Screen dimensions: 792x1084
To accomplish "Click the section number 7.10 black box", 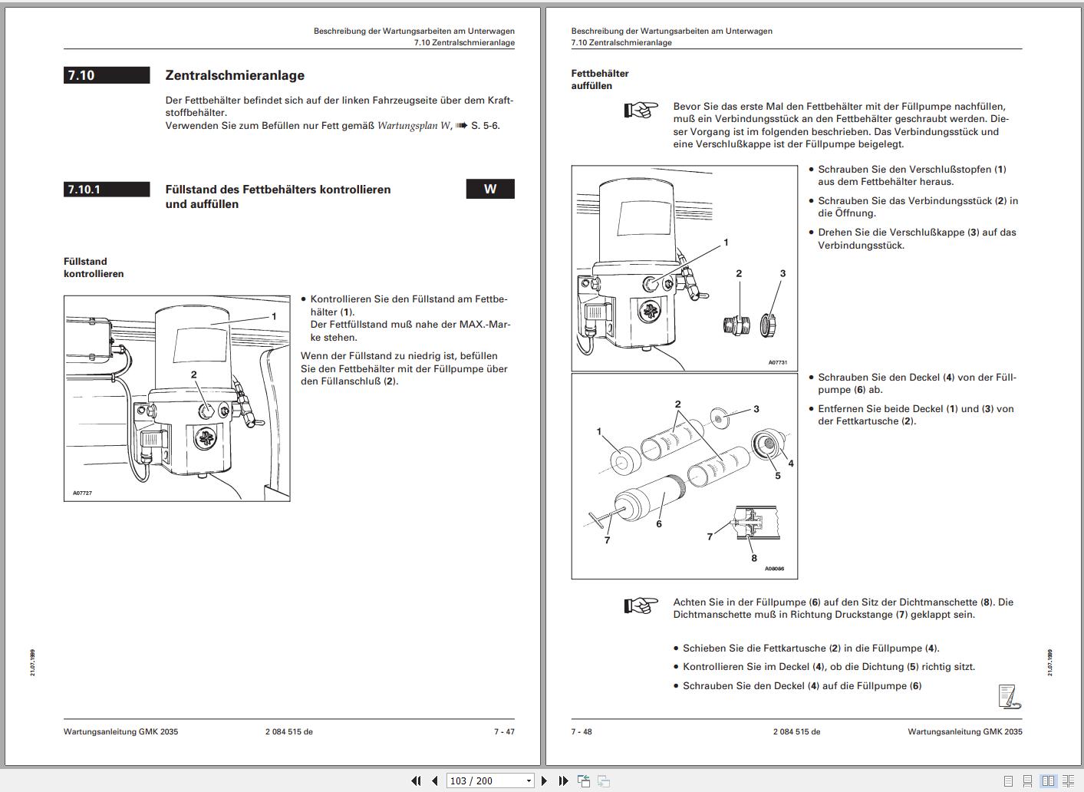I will pos(107,75).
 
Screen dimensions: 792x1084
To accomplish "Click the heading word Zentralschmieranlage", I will pos(235,75).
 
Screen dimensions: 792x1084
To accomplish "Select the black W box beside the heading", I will pos(490,189).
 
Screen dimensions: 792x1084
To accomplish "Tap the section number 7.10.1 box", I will pos(107,190).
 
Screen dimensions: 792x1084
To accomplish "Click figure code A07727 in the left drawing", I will pos(82,493).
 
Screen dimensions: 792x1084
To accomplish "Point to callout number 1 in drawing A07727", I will pos(274,316).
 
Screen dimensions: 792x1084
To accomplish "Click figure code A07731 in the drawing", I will pos(777,363).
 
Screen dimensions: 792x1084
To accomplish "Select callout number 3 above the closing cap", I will pos(783,273).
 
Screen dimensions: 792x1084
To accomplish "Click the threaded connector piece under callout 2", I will pos(733,325).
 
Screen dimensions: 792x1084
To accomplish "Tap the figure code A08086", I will pos(775,569).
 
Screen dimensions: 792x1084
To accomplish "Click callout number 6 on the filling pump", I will pos(659,524).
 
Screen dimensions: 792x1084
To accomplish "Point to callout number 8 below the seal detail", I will pos(754,558).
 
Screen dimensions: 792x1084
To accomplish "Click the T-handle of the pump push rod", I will pos(598,521).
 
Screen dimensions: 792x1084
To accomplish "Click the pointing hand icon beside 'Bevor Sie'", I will pos(641,111).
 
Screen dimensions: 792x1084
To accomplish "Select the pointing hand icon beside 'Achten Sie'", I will pos(641,606).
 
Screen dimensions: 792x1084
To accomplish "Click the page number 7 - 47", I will pos(504,731).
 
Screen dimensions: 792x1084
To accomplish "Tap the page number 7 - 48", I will pos(582,731).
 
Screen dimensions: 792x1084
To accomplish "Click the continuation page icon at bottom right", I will pos(1009,696).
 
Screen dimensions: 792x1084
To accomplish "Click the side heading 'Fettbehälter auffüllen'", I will pos(600,80).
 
